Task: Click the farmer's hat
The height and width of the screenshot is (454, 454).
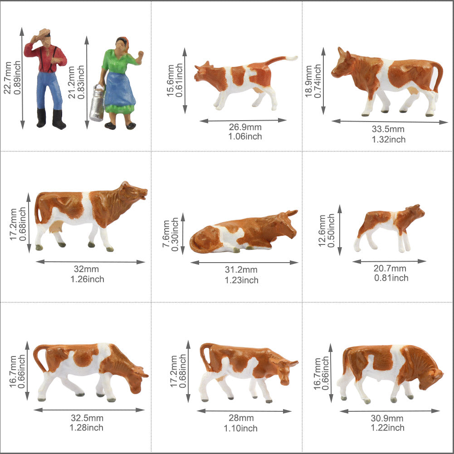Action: (x=44, y=32)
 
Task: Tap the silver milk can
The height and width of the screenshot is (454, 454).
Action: (x=97, y=104)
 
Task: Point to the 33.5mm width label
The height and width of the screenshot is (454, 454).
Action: (x=388, y=130)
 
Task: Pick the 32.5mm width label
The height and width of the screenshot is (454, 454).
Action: (x=87, y=418)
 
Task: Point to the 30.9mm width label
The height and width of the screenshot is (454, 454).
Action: (x=388, y=418)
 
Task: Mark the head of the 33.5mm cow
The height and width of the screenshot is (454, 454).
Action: (x=343, y=66)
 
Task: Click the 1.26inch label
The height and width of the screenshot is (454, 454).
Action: (x=87, y=279)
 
